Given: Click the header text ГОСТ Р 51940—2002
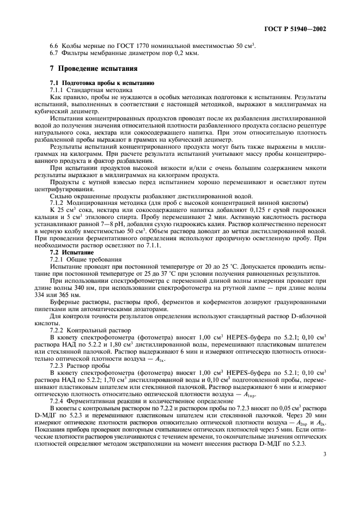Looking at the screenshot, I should tap(298, 29).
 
